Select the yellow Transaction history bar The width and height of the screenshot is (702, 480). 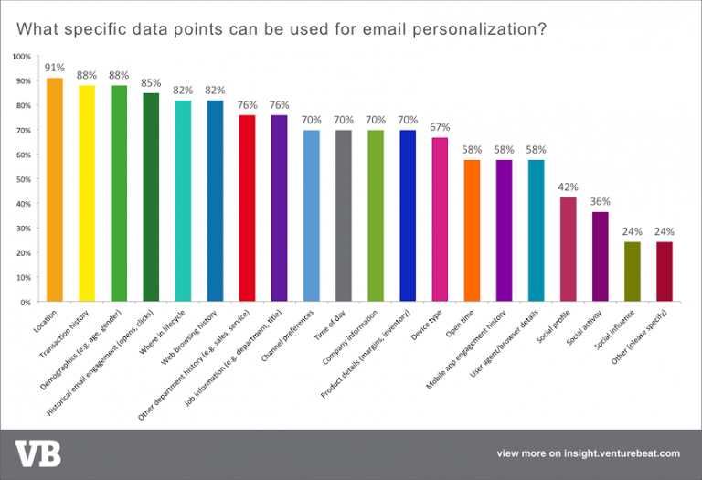point(86,193)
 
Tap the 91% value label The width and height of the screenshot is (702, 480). point(54,66)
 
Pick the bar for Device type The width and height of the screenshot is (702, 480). point(439,219)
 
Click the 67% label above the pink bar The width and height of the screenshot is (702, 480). point(440,127)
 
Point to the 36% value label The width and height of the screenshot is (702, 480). point(600,201)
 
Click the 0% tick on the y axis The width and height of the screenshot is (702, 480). point(25,302)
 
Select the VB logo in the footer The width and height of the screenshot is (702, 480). point(34,453)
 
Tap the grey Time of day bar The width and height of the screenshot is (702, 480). point(343,216)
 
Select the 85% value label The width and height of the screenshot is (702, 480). point(150,82)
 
